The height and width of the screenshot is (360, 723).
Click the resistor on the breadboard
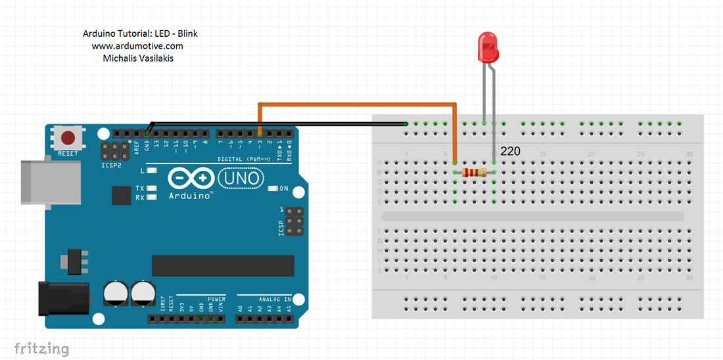click(x=474, y=172)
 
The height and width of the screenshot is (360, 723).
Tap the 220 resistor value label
click(x=510, y=152)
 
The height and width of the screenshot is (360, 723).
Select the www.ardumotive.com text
click(x=137, y=46)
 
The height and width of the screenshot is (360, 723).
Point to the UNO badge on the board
click(x=241, y=177)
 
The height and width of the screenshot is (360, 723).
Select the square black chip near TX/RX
click(x=122, y=195)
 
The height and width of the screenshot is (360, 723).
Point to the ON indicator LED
click(x=273, y=189)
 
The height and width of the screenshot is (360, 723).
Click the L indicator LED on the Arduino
click(x=152, y=171)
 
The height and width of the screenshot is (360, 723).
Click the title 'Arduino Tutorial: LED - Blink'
click(x=140, y=34)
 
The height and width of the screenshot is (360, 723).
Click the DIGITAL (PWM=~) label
click(x=244, y=159)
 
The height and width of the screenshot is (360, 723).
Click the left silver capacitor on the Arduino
click(x=116, y=294)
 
